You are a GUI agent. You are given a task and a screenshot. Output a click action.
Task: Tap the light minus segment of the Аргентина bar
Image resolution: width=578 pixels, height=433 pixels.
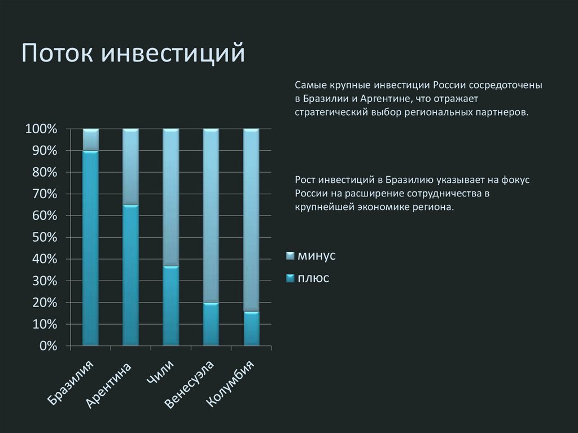pos(130,167)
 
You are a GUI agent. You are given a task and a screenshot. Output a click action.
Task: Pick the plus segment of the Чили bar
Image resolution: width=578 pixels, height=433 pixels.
pos(170,305)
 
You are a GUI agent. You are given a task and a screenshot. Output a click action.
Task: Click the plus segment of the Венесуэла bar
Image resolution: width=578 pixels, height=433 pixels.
pos(211,324)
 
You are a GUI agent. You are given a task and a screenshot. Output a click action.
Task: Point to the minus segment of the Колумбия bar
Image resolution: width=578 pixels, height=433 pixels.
pos(251,220)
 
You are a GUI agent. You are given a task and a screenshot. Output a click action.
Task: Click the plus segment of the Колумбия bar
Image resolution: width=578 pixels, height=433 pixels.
pos(251,328)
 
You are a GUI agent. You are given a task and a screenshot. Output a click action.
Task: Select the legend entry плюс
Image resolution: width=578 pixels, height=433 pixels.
pos(313,278)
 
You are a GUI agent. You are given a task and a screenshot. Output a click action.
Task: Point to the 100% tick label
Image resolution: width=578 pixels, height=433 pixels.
pos(41,129)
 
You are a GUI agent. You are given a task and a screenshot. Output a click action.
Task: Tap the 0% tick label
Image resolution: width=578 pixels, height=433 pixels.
pos(47,346)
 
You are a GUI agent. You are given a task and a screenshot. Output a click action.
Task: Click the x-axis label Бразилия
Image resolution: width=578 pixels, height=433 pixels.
pos(71,383)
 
